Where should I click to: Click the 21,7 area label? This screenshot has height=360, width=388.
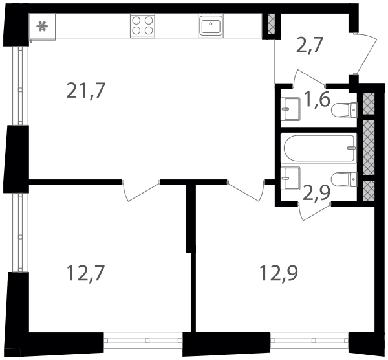coord(86,91)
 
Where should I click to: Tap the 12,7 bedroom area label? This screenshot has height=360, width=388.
coord(86,273)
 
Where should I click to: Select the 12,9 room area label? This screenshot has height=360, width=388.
coord(279,273)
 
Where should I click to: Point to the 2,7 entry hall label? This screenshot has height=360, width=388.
coord(310,45)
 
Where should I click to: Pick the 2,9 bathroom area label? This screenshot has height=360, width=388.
coord(316,192)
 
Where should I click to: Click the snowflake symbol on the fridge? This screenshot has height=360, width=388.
coord(42,27)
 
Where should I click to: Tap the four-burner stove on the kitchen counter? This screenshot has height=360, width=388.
coord(142,25)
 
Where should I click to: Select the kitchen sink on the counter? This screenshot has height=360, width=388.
coord(211,25)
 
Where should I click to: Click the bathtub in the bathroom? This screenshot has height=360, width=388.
coord(319,148)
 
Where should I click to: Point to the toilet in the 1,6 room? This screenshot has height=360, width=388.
coord(344,110)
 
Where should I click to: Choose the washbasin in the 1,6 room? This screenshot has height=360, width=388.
coord(291,109)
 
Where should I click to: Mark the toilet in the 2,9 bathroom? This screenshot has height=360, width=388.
coord(344,179)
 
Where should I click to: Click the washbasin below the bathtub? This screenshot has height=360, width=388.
coord(291,179)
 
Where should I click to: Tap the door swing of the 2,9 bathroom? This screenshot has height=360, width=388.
coord(315,211)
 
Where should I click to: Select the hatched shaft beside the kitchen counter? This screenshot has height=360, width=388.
coord(272,24)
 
